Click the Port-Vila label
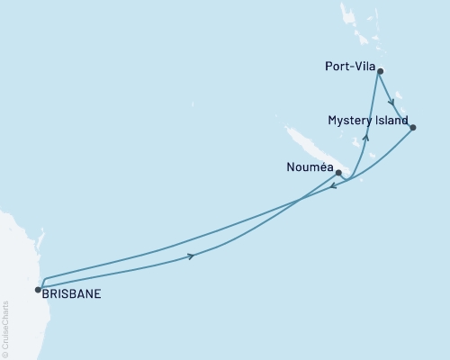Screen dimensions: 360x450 (x=347, y=66)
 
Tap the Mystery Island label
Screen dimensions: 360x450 (x=367, y=120)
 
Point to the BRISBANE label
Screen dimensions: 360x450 (x=71, y=292)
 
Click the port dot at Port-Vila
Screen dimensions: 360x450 (x=381, y=71)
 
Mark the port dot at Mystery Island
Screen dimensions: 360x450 (x=412, y=128)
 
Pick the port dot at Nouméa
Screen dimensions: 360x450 (x=338, y=172)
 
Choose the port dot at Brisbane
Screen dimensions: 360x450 (x=38, y=290)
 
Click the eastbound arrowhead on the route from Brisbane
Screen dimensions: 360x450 (x=191, y=256)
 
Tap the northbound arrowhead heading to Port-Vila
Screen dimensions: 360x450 (x=365, y=138)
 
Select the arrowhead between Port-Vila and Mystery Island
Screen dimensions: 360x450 (x=391, y=102)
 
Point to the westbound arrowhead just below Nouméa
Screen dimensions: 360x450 (x=333, y=187)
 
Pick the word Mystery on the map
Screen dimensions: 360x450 (x=349, y=120)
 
